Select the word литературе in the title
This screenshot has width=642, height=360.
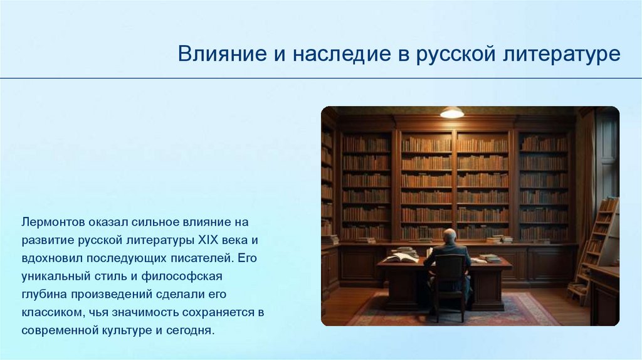click(561, 55)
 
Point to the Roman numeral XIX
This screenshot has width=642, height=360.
click(208, 240)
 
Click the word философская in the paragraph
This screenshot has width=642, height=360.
click(182, 277)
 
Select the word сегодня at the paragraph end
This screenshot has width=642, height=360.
click(190, 331)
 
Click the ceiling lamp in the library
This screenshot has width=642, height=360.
click(451, 112)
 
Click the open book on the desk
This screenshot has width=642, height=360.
click(401, 257)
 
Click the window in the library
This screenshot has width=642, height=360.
click(606, 156)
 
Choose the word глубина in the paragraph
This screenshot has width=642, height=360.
click(44, 295)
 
